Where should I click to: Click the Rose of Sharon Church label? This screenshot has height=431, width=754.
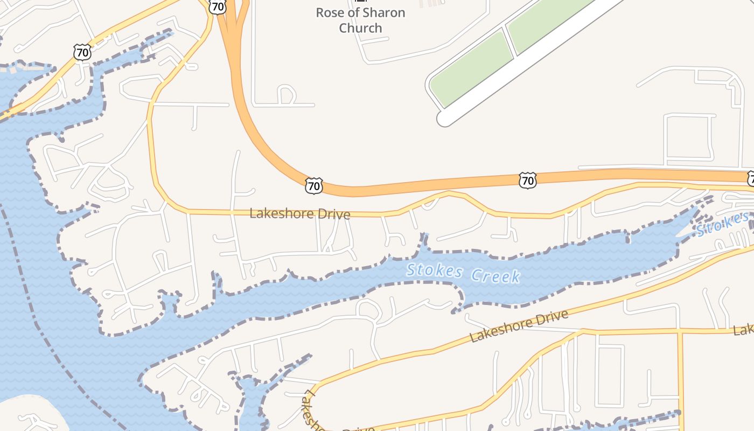click(360, 20)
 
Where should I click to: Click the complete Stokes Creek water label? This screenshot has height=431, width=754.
click(463, 273)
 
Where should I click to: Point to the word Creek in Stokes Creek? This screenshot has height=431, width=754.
click(495, 276)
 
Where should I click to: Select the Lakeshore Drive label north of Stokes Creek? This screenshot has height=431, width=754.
click(300, 214)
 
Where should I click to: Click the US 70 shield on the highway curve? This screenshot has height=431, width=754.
click(313, 186)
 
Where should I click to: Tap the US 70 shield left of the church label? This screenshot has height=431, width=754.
click(218, 7)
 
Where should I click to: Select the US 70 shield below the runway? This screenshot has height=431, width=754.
click(528, 180)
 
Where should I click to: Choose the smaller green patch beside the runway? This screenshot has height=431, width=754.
click(470, 69)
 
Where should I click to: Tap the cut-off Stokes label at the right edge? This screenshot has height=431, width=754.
click(722, 224)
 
